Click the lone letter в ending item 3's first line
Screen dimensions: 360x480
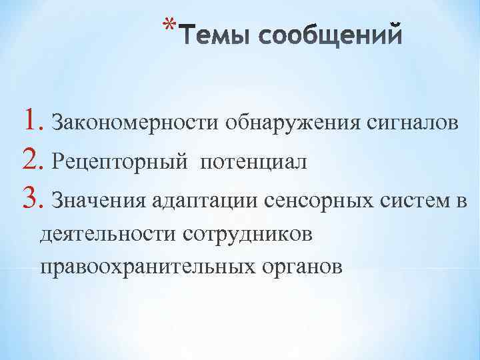point(463,200)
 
